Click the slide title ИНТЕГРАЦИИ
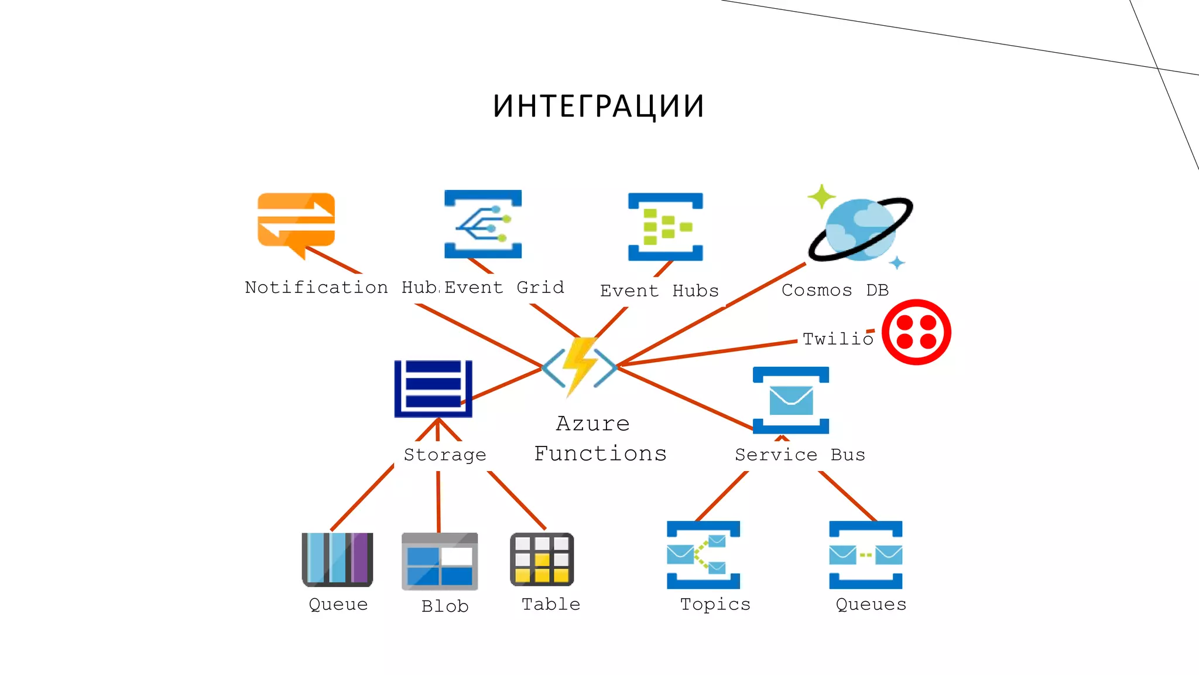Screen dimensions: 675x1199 598,107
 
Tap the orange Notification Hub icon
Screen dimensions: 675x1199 296,220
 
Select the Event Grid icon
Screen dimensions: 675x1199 483,224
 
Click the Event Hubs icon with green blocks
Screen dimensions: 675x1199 665,227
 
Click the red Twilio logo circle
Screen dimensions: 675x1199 916,332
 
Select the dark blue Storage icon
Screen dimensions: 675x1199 433,388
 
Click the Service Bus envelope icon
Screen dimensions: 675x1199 791,400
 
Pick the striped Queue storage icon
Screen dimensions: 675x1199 337,559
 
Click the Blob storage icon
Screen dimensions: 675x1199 440,561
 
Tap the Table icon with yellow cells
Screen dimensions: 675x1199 542,559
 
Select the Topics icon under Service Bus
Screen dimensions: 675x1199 703,554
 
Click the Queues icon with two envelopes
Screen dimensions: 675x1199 865,554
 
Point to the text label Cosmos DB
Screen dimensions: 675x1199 835,290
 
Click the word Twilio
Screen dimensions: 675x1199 837,339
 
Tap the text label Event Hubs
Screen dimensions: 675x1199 659,291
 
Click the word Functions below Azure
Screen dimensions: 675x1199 600,454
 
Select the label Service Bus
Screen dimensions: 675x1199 800,455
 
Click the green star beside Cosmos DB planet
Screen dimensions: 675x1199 821,196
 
